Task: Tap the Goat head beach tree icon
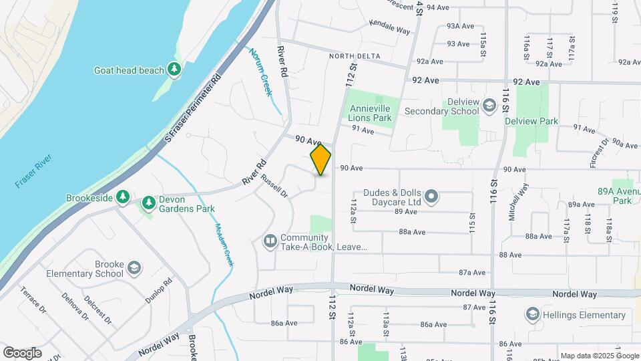174,69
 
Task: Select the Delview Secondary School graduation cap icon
489,106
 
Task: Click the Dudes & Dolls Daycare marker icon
431,197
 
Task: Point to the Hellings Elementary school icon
532,314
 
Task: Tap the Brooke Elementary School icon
134,268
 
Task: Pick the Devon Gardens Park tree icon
148,202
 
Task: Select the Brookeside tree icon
122,197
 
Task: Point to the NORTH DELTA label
355,56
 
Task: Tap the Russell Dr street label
274,187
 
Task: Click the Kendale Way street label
389,27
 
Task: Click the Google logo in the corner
22,353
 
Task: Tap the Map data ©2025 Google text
600,355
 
